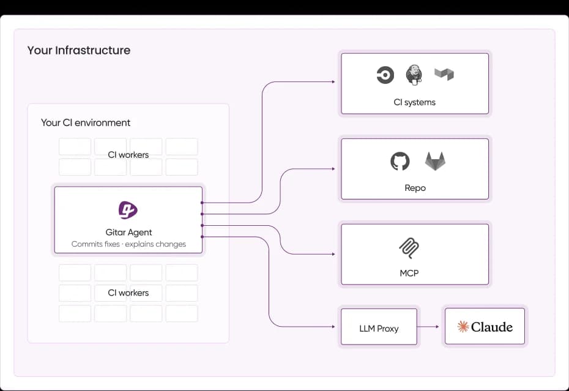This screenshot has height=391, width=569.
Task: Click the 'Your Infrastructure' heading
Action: [x=79, y=50]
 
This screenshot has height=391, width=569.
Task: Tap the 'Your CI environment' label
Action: [x=86, y=122]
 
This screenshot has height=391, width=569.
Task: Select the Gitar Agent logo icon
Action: [x=128, y=210]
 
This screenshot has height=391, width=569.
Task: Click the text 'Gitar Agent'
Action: [x=128, y=233]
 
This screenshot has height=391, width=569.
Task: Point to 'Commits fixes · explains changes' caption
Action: [x=128, y=244]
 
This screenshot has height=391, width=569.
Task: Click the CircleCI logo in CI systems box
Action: [x=385, y=75]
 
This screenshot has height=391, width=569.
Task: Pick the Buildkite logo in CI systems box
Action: [x=444, y=75]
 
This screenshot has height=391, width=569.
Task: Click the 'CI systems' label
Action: [x=415, y=102]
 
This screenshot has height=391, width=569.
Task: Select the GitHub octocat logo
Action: [x=400, y=162]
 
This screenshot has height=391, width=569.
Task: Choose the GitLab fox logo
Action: [x=435, y=162]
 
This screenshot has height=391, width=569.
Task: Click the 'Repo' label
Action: [x=415, y=188]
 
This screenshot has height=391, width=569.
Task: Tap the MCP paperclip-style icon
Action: [x=408, y=248]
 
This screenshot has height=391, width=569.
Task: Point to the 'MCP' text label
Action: [x=409, y=273]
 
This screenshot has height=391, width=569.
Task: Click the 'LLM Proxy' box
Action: [x=379, y=329]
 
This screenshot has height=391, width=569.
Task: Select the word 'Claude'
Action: [x=492, y=327]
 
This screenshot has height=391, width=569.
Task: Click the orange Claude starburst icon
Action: [x=463, y=327]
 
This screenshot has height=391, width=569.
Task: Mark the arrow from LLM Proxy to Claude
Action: [x=428, y=327]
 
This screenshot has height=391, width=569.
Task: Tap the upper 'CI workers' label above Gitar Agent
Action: [x=128, y=155]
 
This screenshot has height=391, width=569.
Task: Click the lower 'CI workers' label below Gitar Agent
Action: [x=128, y=293]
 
